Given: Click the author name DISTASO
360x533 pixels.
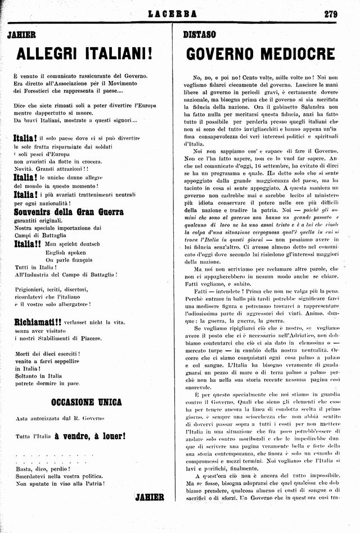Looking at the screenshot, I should (200, 35).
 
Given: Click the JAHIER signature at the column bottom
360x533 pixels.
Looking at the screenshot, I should (150, 497).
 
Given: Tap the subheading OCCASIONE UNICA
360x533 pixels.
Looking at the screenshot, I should (86, 403).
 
